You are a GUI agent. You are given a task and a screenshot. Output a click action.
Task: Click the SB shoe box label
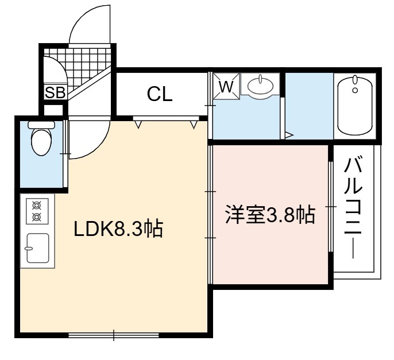pos(55,92)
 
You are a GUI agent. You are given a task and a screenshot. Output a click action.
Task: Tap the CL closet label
pos(160,94)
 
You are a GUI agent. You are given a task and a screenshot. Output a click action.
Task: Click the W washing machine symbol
pos(226,86)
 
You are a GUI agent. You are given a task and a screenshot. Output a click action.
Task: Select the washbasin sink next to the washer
pos(260,86)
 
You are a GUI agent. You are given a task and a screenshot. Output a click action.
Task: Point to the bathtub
pos(355,105)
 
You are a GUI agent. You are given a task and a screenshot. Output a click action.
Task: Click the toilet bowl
pos(41,142)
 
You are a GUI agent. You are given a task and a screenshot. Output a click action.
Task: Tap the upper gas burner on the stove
pos(37,206)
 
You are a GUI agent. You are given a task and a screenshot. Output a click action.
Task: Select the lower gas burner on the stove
pos(37,217)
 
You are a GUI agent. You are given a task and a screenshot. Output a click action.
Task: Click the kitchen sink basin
pos(38,248)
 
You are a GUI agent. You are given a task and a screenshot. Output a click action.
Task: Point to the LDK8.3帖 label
pos(118,229)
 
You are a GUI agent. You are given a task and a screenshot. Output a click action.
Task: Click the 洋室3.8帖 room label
pos(270,215)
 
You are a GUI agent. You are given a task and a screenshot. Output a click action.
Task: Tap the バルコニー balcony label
pos(353,207)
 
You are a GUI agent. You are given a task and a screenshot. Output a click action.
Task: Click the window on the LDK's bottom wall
pos(114,335)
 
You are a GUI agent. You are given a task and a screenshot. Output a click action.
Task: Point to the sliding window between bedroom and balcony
pos(331,207)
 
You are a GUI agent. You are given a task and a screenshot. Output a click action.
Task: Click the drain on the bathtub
pos(355,90)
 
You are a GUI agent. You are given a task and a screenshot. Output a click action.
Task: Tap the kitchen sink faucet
pos(29,249)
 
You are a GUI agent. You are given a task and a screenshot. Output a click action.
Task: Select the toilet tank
pos(41,125)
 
